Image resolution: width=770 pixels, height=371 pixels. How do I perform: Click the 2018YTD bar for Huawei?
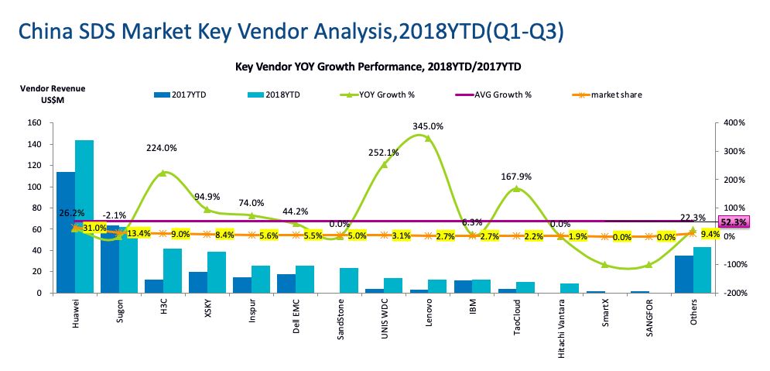(x=84, y=217)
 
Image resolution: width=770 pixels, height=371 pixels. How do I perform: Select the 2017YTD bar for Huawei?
(x=65, y=232)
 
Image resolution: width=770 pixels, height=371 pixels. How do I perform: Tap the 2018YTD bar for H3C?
(x=173, y=271)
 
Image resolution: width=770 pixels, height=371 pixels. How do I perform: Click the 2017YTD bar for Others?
(x=683, y=274)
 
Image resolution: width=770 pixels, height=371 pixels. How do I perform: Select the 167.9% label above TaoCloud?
(x=516, y=174)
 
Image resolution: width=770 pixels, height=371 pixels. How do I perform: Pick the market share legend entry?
(x=615, y=95)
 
